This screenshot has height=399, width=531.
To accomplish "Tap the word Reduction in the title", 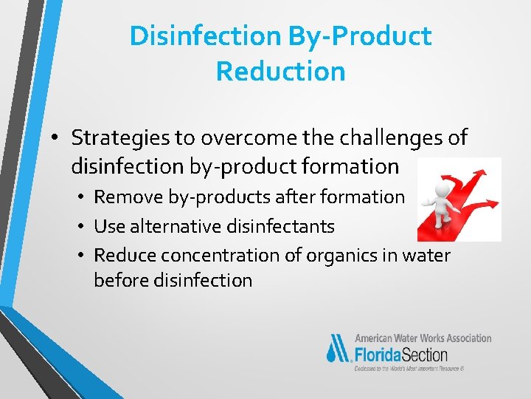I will (x=280, y=71).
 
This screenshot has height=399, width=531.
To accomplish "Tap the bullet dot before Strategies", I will (x=56, y=138).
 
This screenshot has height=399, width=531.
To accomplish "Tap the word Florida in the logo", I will (x=379, y=353).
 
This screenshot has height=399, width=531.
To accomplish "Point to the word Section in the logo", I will (x=426, y=353).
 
